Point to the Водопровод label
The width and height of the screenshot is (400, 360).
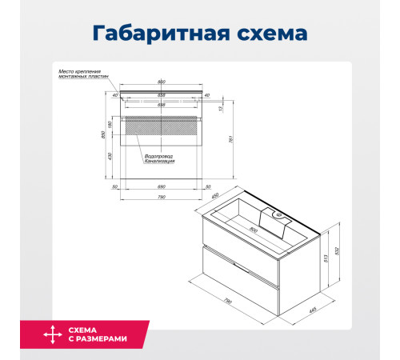(159, 156)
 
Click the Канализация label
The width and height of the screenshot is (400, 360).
(160, 162)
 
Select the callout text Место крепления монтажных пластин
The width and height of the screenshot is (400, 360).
(83, 74)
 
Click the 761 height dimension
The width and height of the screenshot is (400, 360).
(231, 137)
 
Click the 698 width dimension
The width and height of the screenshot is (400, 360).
(162, 105)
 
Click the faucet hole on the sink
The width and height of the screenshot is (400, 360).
(278, 214)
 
